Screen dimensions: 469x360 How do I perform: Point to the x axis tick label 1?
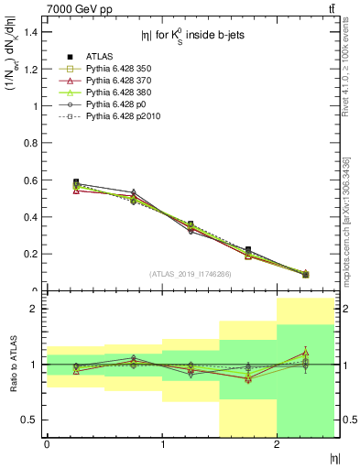coord(162,444)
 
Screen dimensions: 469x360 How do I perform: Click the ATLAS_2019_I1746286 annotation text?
coord(191,273)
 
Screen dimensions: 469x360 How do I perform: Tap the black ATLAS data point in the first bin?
coord(76,182)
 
